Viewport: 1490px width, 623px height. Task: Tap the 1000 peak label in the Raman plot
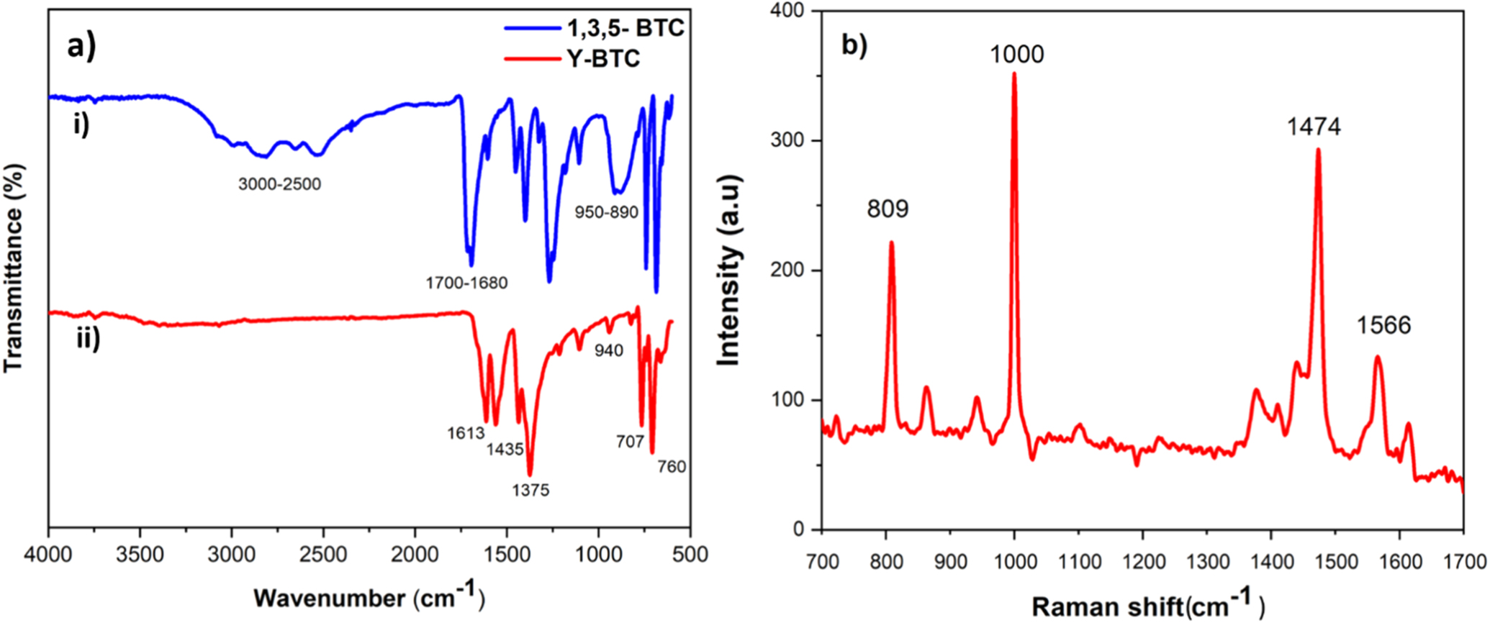point(1016,55)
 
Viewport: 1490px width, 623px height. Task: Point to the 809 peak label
point(888,209)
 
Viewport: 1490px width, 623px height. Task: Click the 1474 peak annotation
point(1314,127)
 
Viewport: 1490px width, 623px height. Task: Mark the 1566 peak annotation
point(1383,325)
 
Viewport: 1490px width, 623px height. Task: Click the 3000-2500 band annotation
point(280,185)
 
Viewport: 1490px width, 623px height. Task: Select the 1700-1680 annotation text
point(466,283)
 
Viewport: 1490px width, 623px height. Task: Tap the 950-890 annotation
point(606,213)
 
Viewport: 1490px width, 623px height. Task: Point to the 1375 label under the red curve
point(530,491)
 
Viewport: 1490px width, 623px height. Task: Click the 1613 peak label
point(464,434)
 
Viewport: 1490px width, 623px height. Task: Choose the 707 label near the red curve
point(629,442)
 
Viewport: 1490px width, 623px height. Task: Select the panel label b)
point(854,45)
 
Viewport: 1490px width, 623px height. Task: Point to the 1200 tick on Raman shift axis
point(1142,562)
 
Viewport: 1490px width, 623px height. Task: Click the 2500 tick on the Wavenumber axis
point(323,555)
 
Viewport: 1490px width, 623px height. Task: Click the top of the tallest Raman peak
point(1014,73)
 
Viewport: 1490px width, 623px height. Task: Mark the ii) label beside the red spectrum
point(89,339)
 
